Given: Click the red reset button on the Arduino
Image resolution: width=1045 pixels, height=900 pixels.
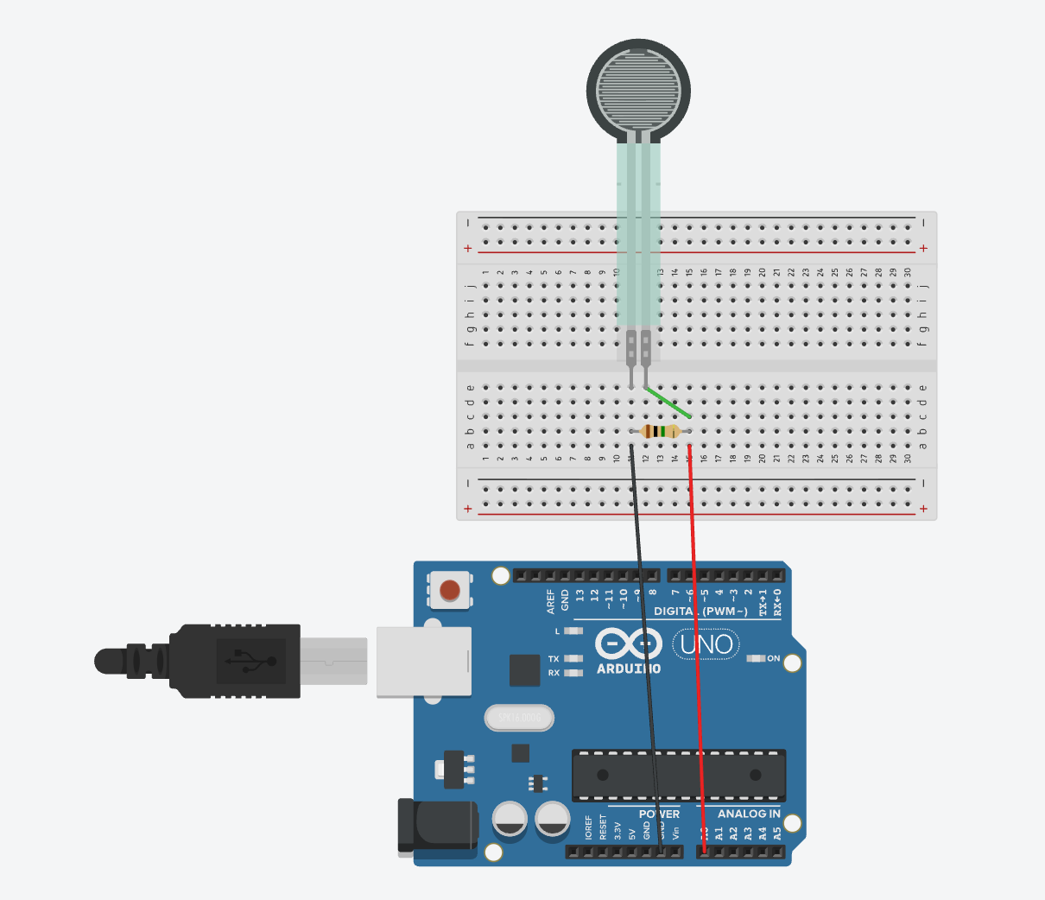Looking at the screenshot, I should tap(449, 591).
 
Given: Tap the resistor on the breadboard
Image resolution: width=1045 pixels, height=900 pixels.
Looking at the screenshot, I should tap(661, 432).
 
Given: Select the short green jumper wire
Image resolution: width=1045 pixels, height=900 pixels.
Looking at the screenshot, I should tap(668, 402).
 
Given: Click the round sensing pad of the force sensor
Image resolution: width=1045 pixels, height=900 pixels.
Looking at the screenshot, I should tap(639, 89).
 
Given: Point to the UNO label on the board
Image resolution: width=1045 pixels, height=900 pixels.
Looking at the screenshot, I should tap(706, 644).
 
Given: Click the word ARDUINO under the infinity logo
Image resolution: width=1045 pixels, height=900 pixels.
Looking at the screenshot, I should tap(629, 669).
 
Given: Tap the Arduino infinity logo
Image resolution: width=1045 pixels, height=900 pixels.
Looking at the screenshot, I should tap(629, 644).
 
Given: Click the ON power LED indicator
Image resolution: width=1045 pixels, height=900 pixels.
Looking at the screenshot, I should tap(756, 658).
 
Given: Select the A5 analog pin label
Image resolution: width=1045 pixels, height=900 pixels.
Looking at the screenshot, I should tap(777, 833).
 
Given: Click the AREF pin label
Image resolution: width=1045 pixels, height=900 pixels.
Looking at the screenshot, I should tap(551, 602).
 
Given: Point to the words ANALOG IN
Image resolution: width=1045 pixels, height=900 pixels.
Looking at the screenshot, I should tap(749, 814).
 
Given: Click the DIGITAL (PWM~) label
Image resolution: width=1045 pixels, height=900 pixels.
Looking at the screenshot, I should tap(700, 612).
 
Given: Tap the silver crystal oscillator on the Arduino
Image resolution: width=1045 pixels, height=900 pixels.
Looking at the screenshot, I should tap(519, 718).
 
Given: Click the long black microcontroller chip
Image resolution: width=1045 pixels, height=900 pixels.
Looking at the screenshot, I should tap(679, 775).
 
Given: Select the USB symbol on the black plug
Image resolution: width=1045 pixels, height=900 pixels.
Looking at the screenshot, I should tap(250, 662).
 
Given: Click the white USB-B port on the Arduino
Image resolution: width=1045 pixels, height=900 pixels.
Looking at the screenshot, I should tap(424, 662).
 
